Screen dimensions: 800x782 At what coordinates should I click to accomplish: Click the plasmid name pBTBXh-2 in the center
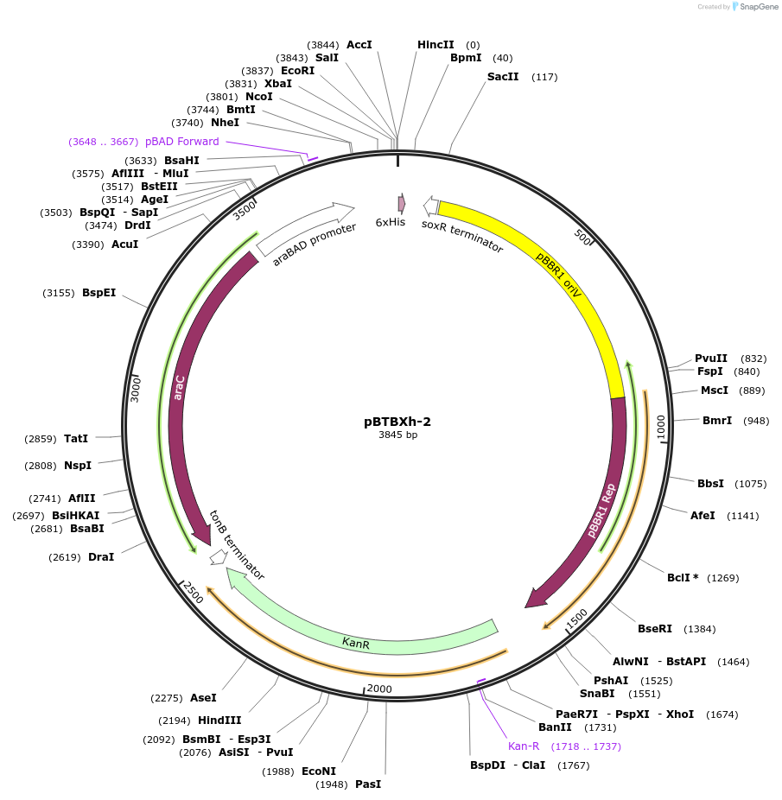point(397,422)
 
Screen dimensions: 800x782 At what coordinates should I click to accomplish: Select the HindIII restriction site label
point(219,720)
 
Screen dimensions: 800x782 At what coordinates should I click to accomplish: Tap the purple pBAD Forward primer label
point(181,141)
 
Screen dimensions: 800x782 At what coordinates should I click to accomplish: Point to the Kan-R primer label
point(524,746)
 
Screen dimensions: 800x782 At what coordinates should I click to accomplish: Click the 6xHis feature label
point(391,222)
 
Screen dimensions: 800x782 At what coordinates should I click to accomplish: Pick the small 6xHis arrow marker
point(401,203)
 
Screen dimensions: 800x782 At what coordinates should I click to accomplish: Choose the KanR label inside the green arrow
point(356,642)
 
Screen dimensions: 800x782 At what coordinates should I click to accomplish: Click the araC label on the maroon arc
point(180,386)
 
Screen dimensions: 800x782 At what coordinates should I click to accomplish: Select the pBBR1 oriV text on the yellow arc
point(558,276)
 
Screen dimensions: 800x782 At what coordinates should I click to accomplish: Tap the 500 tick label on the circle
point(584,238)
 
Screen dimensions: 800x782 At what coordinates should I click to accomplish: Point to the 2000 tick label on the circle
point(379,689)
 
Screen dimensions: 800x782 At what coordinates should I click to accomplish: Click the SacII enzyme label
point(503,77)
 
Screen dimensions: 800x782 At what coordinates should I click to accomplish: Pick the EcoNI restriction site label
point(319,771)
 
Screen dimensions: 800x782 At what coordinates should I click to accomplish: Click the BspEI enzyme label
point(99,293)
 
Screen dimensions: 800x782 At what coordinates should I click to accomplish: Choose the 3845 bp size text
point(397,435)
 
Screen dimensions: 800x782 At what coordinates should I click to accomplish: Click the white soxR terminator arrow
point(430,205)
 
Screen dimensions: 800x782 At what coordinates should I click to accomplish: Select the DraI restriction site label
point(101,557)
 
